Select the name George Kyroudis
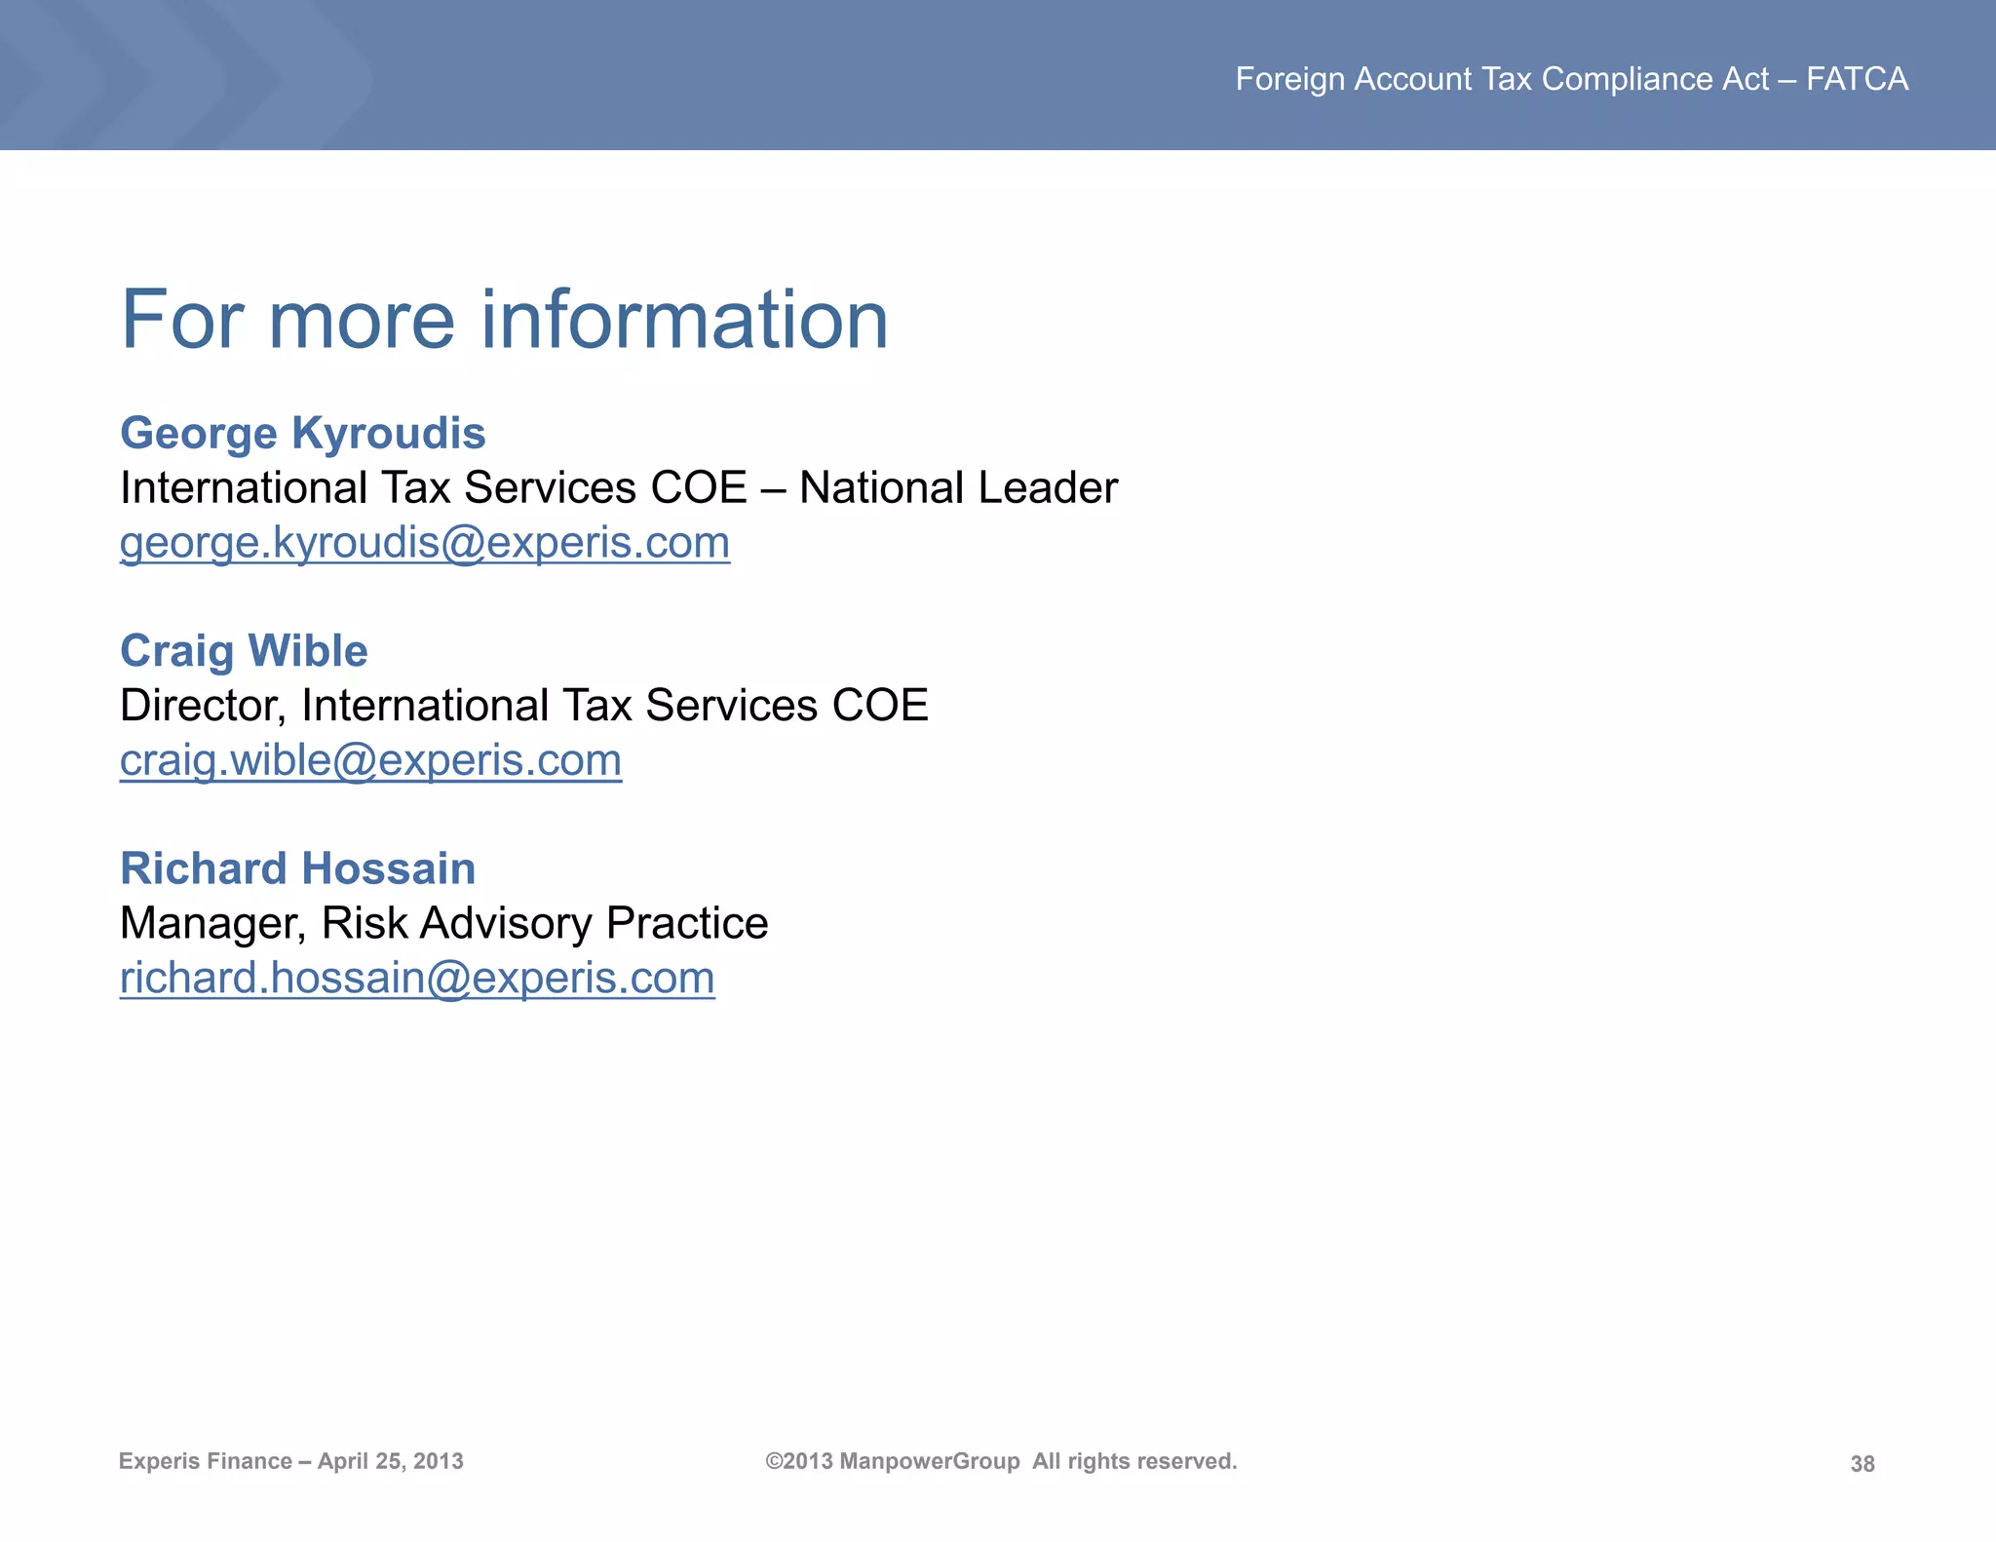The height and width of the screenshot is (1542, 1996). pos(302,433)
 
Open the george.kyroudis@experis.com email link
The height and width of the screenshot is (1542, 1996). pos(424,543)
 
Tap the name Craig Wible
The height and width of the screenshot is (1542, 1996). pos(244,651)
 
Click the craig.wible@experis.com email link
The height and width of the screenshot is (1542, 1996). pos(370,760)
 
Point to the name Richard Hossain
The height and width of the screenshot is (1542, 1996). pos(297,868)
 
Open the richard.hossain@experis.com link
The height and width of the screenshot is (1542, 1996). pos(417,978)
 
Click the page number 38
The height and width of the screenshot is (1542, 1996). pos(1862,1463)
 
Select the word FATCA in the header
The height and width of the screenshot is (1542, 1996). pos(1857,79)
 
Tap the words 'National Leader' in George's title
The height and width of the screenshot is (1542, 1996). pos(958,487)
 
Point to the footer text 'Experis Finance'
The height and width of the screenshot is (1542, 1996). pos(205,1461)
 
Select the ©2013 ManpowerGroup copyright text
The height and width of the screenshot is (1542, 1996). pos(892,1461)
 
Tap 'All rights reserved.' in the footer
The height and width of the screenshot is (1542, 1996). pos(1134,1461)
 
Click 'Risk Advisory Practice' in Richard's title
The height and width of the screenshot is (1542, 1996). pos(545,923)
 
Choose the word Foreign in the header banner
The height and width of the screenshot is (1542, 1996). pos(1289,79)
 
